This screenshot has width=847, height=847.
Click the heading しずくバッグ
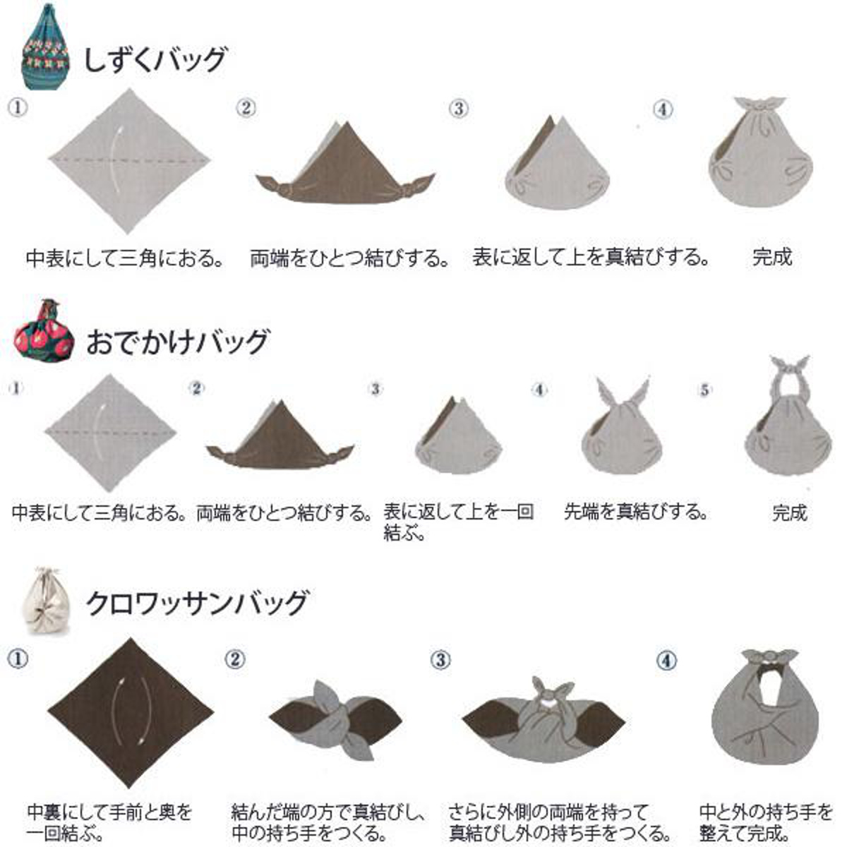click(155, 60)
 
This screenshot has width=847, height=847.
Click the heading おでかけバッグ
click(177, 342)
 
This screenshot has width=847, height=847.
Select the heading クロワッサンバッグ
click(196, 603)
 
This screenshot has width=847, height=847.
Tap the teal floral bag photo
click(45, 47)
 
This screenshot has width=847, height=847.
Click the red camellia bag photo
click(44, 330)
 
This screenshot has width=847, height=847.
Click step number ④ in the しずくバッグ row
click(663, 109)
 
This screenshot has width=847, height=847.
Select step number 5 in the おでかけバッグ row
click(704, 390)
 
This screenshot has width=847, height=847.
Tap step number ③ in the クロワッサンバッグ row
click(440, 660)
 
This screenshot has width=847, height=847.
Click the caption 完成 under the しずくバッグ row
click(772, 258)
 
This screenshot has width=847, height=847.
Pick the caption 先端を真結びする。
click(636, 512)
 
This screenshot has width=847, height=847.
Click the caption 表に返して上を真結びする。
click(591, 258)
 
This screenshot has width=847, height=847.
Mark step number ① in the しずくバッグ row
click(17, 107)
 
